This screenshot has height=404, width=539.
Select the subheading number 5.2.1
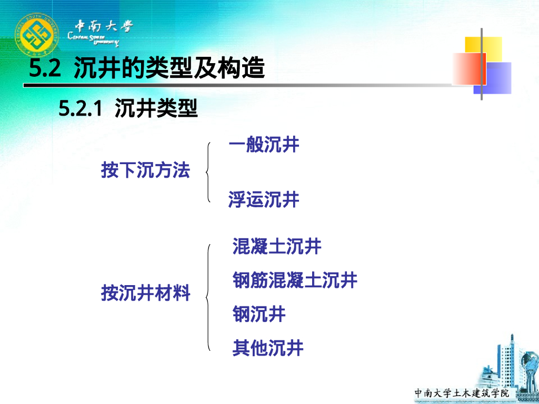pyautogui.click(x=79, y=109)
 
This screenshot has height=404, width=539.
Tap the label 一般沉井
pyautogui.click(x=264, y=145)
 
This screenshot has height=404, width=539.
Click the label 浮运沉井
pyautogui.click(x=264, y=200)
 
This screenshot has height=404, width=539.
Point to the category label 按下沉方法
pyautogui.click(x=145, y=170)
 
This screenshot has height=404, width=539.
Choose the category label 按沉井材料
pyautogui.click(x=146, y=293)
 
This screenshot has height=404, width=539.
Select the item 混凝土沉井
pyautogui.click(x=277, y=246)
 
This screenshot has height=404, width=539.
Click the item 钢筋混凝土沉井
pyautogui.click(x=295, y=280)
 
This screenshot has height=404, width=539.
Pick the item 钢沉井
pyautogui.click(x=259, y=315)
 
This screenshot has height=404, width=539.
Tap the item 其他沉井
pyautogui.click(x=268, y=348)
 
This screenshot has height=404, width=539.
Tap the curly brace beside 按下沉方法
pyautogui.click(x=209, y=171)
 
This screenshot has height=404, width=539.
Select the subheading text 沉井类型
pyautogui.click(x=156, y=109)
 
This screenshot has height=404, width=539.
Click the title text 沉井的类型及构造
pyautogui.click(x=168, y=69)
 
